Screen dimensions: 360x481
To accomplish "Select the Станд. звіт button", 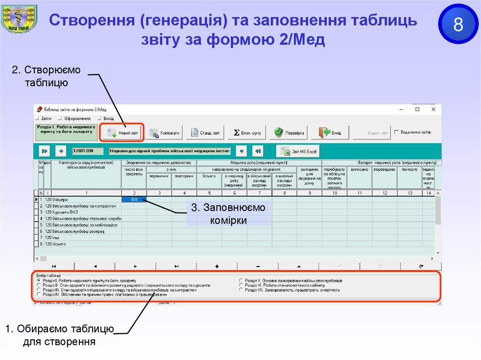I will (205, 133).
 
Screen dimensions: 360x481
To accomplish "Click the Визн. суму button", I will (248, 133).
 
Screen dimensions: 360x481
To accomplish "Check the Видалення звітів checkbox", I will (397, 132).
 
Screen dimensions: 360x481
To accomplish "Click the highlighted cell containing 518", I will (134, 199).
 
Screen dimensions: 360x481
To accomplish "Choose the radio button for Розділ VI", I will (241, 285).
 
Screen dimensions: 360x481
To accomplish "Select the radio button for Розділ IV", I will (39, 295).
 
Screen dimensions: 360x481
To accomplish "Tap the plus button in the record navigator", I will (217, 266).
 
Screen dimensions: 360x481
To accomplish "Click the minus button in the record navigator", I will (258, 266).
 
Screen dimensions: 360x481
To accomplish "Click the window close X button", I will (432, 109).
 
